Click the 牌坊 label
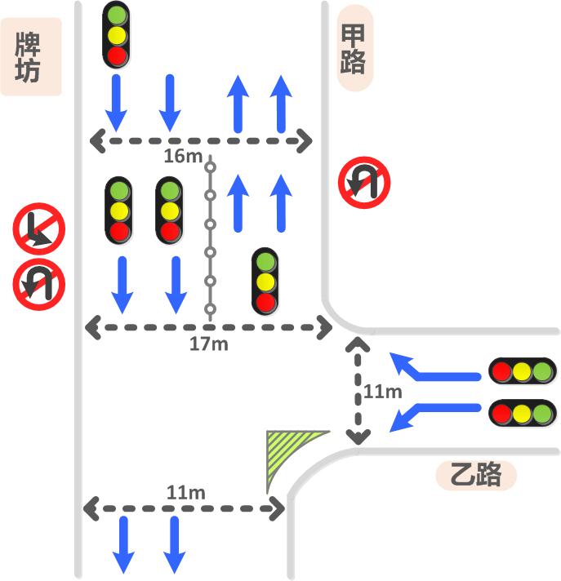pos(30,57)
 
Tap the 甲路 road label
pos(354,48)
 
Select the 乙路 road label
pos(476,475)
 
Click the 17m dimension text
pos(208,344)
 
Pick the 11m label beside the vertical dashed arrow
pos(383,392)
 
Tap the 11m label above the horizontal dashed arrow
pos(185,492)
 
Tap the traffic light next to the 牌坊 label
pos(118,35)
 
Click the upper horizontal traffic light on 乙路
pos(522,370)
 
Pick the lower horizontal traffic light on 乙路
pos(522,413)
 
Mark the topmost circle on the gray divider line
pos(210,167)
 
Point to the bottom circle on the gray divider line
pos(210,309)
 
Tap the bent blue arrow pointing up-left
pos(433,368)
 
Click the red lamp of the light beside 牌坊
pos(118,55)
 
